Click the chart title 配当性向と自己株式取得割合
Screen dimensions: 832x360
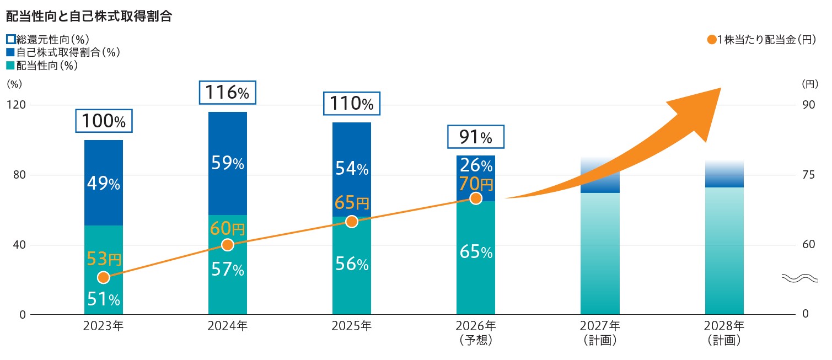click(x=89, y=16)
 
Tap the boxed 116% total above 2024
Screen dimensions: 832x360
click(x=227, y=93)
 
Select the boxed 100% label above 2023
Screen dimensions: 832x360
click(x=104, y=121)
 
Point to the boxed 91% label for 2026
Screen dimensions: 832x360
click(x=475, y=137)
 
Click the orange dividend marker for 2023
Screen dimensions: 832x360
click(x=104, y=277)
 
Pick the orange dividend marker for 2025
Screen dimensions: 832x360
click(x=351, y=222)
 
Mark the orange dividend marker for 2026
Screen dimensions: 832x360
click(x=476, y=198)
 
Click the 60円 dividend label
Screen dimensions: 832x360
click(x=227, y=228)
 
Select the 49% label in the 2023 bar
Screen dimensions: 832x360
click(x=104, y=183)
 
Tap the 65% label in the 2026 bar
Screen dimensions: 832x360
click(x=476, y=252)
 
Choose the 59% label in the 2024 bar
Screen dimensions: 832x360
click(x=228, y=163)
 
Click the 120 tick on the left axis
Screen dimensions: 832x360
click(x=17, y=105)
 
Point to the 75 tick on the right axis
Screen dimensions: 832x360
click(x=809, y=175)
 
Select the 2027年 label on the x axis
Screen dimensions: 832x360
click(x=600, y=326)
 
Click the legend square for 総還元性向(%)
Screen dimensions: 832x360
click(x=11, y=39)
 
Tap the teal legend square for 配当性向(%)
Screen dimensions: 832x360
click(x=10, y=66)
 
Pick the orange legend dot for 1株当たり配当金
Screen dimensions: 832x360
click(x=712, y=40)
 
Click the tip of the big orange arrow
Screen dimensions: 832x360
click(x=721, y=88)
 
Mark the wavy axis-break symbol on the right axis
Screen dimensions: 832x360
click(x=799, y=278)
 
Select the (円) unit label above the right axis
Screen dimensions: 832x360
click(x=810, y=84)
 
